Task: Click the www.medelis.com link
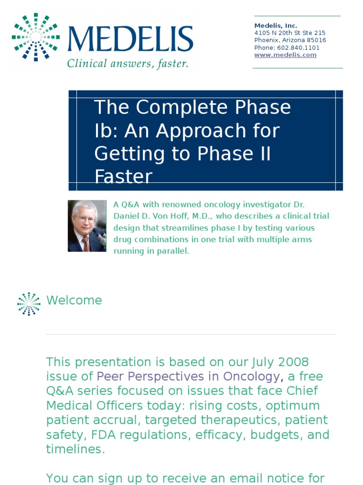click(x=285, y=55)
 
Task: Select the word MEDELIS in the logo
click(x=130, y=39)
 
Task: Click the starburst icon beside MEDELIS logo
click(x=36, y=37)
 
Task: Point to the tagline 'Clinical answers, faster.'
click(x=128, y=63)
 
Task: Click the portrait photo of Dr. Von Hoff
click(x=87, y=225)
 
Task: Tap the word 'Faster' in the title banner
click(x=123, y=177)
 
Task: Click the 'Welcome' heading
click(x=74, y=300)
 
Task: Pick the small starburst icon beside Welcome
click(x=29, y=304)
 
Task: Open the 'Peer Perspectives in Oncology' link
click(x=188, y=377)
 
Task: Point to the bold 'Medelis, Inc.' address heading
click(x=276, y=26)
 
